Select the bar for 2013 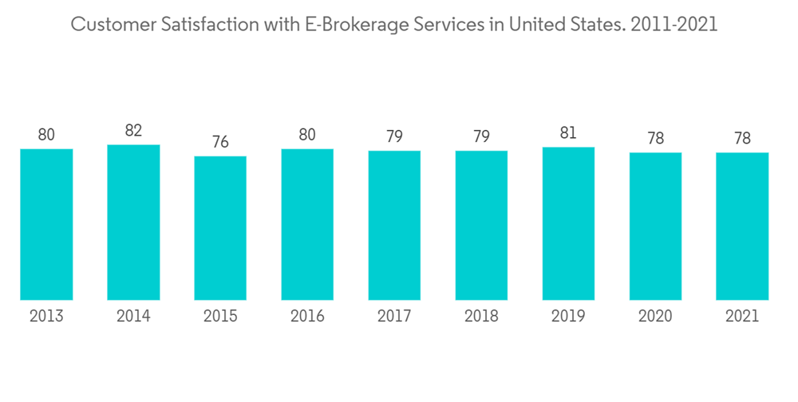pos(46,224)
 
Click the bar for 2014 pos(133,223)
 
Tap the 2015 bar pos(220,228)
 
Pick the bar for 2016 pos(307,224)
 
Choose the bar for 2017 pos(394,225)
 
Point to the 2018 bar pos(481,225)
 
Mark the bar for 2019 pos(568,223)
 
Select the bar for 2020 pos(655,226)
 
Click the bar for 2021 pos(742,226)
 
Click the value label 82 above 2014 pos(133,131)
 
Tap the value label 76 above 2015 pos(220,142)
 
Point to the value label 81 pos(568,133)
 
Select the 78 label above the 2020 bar pos(655,138)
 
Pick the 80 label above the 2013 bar pos(46,135)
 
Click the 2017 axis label pos(394,317)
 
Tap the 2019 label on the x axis pos(568,317)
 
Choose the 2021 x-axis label pos(742,317)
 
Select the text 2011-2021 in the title pos(674,25)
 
